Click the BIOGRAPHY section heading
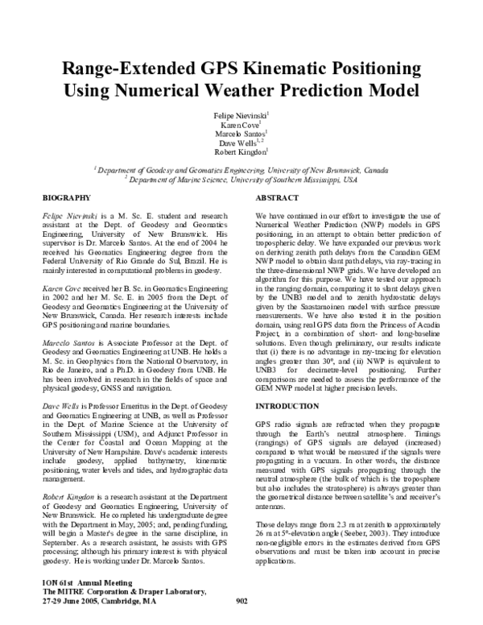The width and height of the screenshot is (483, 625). [65, 197]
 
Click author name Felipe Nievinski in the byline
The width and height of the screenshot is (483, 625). [241, 116]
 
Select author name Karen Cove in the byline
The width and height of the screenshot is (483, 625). [241, 125]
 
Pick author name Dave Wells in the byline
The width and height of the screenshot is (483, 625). [241, 142]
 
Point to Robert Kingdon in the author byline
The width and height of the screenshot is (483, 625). [241, 151]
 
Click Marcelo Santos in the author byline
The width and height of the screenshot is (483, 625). [241, 134]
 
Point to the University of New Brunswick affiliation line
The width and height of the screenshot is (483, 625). [242, 170]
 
